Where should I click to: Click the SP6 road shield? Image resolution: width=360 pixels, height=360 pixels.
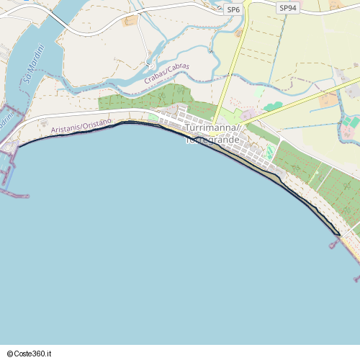point(233,9)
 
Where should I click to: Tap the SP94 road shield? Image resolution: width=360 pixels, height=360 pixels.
point(287,7)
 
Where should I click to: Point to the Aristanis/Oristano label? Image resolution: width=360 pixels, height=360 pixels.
point(81,126)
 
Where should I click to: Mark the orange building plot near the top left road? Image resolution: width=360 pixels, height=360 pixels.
point(130,21)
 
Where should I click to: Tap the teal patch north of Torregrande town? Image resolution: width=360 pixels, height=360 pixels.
point(273,107)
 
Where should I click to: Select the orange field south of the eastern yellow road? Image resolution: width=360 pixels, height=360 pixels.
point(328,99)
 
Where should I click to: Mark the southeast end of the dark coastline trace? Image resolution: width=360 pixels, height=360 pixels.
point(338,234)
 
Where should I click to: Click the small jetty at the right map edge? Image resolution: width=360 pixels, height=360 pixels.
point(356,279)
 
